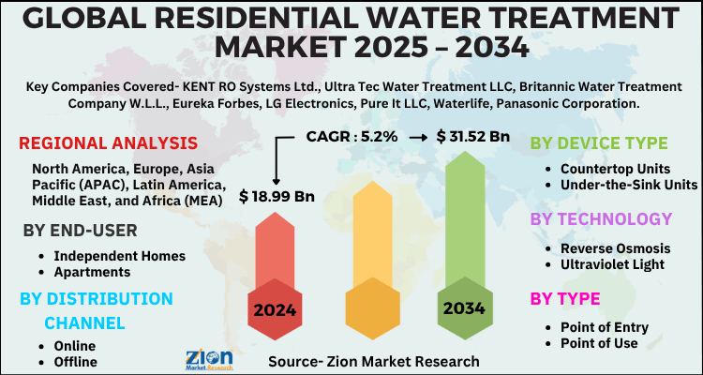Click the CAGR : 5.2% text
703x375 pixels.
click(x=352, y=136)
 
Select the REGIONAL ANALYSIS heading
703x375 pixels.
click(x=108, y=143)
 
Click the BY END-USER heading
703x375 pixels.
click(x=80, y=231)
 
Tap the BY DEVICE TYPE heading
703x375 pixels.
click(x=599, y=142)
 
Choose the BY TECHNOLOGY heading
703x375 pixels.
click(x=601, y=219)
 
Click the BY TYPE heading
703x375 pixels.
click(x=567, y=299)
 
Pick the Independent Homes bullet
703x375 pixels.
click(x=119, y=255)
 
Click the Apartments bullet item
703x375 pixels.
click(x=92, y=272)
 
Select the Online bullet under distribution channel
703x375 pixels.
click(x=74, y=345)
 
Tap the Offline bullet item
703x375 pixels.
click(x=75, y=361)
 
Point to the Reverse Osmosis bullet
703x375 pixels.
click(x=615, y=247)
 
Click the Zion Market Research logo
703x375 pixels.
click(x=217, y=357)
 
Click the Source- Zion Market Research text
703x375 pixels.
click(x=373, y=361)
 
